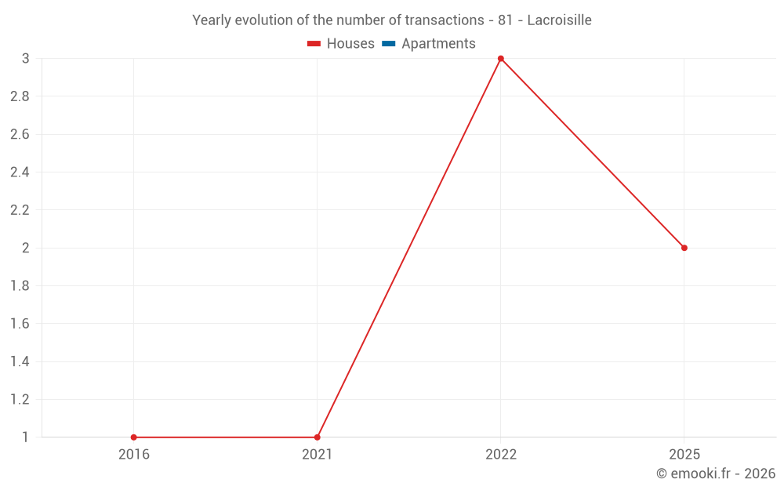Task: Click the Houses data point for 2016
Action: pos(134,437)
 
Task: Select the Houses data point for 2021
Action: pos(318,437)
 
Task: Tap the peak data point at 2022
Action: pos(501,59)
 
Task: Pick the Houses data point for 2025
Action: pos(684,248)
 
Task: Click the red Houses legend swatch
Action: pos(314,44)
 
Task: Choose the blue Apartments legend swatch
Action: pos(389,44)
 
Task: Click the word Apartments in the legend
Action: pos(438,44)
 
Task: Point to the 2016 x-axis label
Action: pos(134,455)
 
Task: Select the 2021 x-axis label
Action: pos(318,455)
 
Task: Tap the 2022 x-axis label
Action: pos(501,455)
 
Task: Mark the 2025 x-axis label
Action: pos(684,455)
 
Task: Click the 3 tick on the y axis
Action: pos(25,59)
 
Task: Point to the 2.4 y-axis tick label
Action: pos(20,172)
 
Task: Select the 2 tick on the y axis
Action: pos(25,248)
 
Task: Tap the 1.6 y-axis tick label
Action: pos(20,324)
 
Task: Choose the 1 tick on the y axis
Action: pos(25,437)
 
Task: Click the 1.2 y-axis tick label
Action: pos(20,400)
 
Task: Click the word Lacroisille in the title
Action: pos(559,20)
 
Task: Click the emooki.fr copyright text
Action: pos(716,474)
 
